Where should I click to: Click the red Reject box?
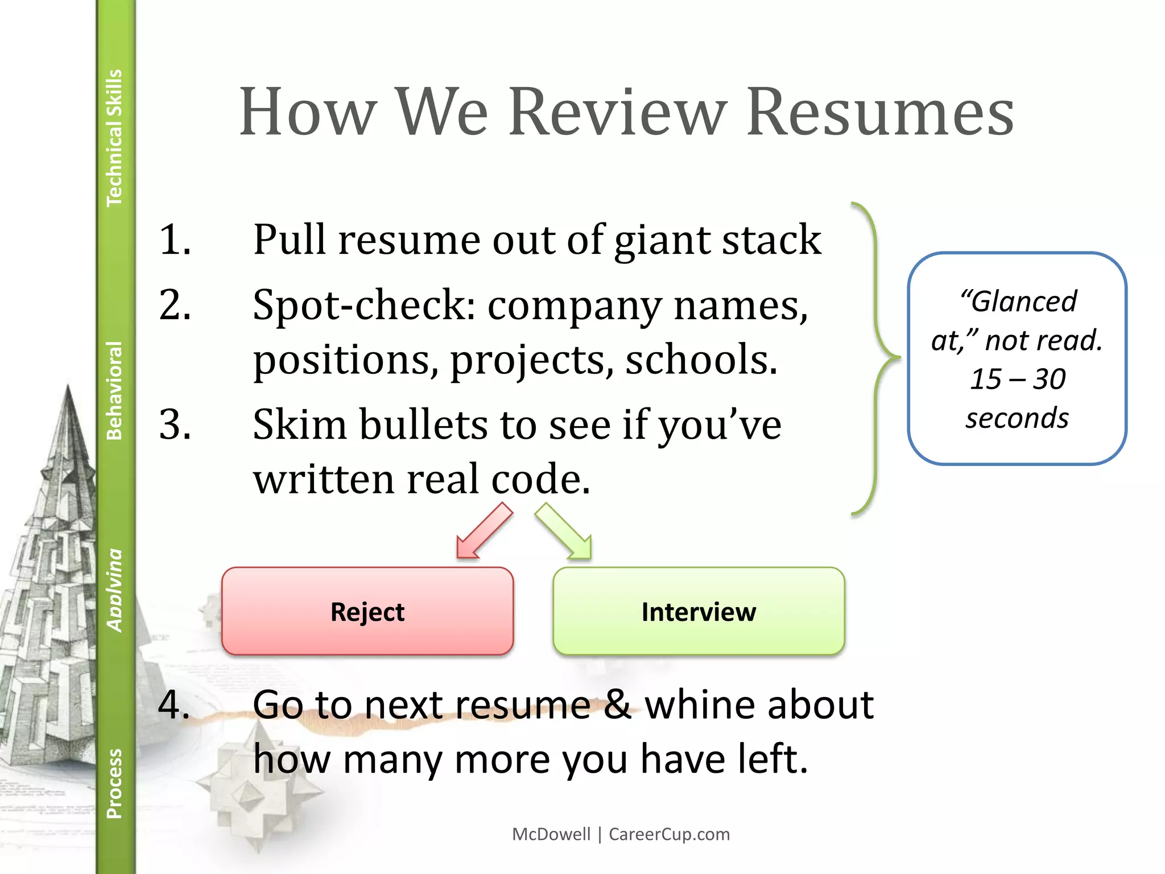(x=367, y=611)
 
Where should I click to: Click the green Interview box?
(x=699, y=611)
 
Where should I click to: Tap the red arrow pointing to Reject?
(x=484, y=531)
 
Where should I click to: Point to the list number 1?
(x=174, y=239)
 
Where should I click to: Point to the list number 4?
(x=174, y=704)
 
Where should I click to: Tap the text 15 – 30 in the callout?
(x=1018, y=379)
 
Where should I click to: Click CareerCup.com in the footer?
(x=669, y=834)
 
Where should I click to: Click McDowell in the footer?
(x=551, y=834)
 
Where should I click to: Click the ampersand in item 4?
(x=617, y=704)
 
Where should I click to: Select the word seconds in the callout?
(x=1017, y=418)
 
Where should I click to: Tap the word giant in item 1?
(x=662, y=240)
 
